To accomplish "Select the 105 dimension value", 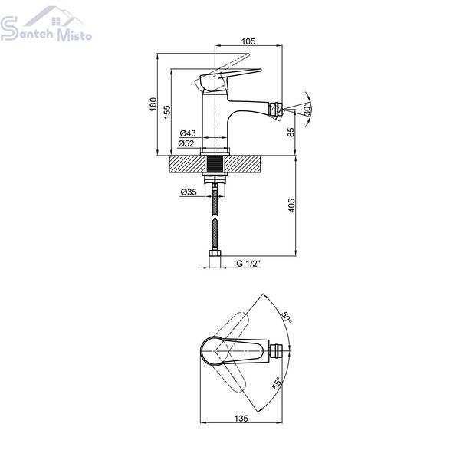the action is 248,41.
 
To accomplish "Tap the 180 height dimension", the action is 153,104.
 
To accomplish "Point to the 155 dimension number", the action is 167,112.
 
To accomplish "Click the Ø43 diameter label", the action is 188,133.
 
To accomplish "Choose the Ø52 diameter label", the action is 186,143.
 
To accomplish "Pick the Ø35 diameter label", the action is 189,192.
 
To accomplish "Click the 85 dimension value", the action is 291,132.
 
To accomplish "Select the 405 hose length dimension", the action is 291,205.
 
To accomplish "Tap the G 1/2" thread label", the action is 248,264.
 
